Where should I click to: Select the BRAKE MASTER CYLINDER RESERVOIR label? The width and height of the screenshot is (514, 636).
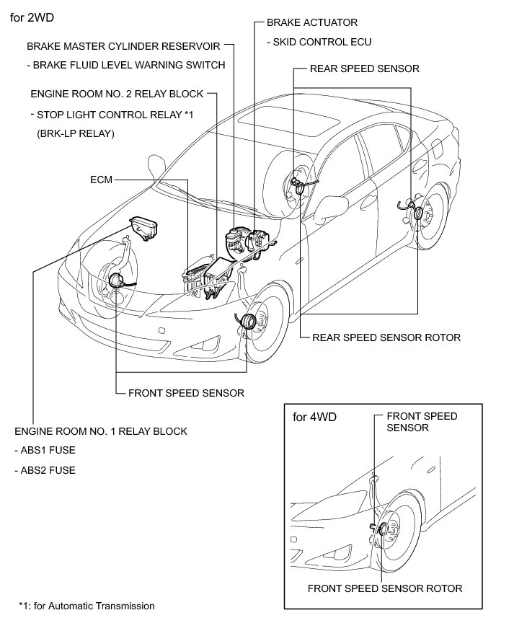coord(123,46)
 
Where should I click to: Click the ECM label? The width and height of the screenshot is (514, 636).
coord(101,179)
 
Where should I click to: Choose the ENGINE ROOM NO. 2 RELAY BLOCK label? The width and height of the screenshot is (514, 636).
coord(118,94)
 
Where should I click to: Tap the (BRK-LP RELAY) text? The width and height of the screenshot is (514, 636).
coord(75,134)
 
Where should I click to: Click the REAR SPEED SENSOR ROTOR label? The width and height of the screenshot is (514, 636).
coord(386,337)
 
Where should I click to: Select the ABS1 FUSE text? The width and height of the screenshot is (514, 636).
coord(45,451)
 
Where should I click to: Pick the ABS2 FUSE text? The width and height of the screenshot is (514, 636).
coord(45,471)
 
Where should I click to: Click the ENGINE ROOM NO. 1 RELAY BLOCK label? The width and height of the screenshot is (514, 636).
coord(101,432)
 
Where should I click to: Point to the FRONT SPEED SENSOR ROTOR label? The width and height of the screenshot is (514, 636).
coord(384,588)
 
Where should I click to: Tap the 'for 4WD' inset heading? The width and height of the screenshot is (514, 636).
coord(314,417)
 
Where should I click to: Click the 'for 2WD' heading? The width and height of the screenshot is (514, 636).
coord(33,15)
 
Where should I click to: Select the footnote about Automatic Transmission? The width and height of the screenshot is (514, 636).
coord(87,606)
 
